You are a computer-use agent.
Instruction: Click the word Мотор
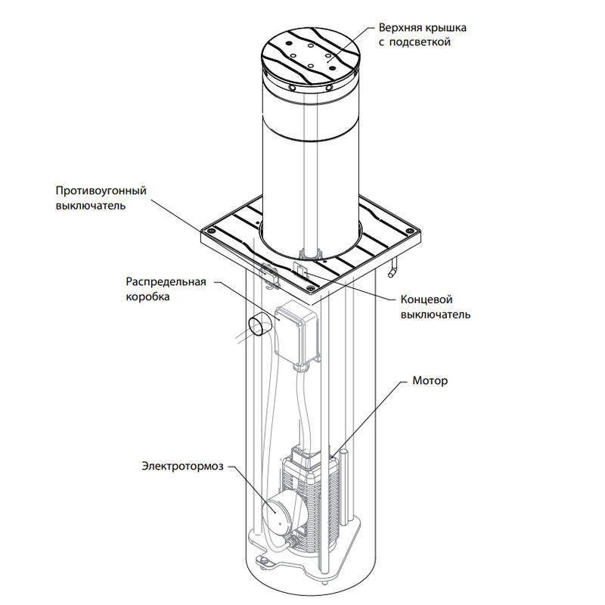(430, 380)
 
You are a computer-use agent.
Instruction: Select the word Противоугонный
(101, 190)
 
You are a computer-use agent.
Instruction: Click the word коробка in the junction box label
(148, 297)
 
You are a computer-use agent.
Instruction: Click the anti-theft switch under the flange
(267, 273)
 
